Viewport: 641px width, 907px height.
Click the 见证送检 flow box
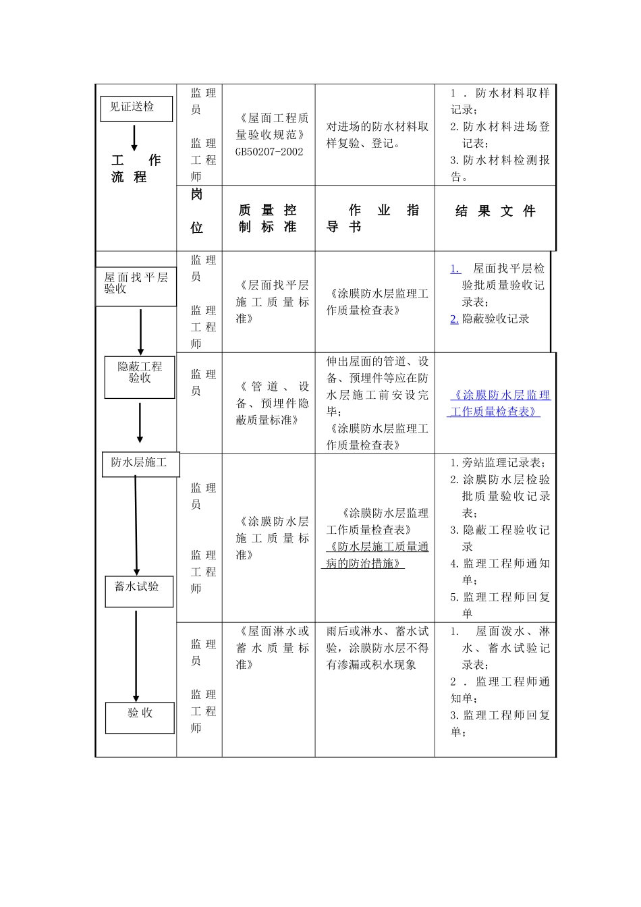[136, 109]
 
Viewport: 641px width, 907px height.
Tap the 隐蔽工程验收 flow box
[140, 377]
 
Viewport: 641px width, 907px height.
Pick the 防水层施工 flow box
[140, 464]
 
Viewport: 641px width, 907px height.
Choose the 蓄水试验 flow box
[139, 591]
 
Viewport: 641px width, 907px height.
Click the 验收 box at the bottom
[140, 717]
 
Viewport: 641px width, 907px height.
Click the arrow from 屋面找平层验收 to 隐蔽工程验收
[140, 332]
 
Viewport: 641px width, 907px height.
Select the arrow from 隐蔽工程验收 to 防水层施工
[140, 422]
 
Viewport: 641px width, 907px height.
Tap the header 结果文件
[495, 212]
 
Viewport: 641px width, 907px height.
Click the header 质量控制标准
[268, 219]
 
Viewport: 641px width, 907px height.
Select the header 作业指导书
[374, 219]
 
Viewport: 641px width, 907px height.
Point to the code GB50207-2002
[269, 152]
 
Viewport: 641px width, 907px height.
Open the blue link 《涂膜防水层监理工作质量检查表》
[501, 404]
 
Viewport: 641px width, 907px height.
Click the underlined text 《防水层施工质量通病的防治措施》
[377, 555]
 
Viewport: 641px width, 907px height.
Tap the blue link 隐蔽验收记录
[495, 319]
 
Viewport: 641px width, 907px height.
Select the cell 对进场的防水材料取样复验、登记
[377, 135]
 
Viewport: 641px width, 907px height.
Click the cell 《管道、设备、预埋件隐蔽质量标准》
[273, 404]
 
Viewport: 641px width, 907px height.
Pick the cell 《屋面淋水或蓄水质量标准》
[273, 648]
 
